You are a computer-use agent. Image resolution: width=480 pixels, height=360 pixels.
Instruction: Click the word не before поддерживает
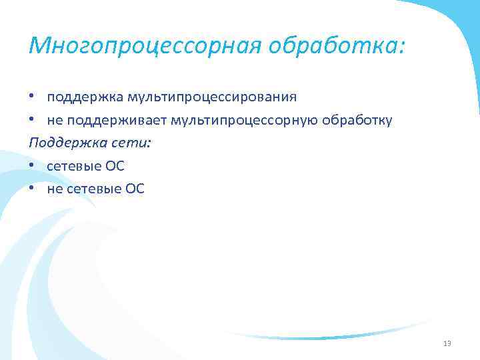tap(54, 121)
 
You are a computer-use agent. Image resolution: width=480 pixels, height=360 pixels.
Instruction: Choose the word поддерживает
tap(117, 121)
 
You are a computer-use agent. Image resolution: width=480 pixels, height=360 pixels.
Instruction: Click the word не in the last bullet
tap(54, 190)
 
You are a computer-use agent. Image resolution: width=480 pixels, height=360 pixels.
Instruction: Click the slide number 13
tap(447, 343)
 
